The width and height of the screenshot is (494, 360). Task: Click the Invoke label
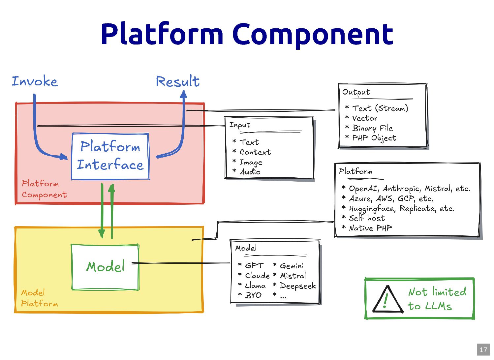35,81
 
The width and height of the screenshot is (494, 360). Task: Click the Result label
178,81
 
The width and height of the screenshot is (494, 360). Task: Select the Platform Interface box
110,156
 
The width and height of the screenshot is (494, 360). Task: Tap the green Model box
105,267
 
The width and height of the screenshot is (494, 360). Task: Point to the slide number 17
483,349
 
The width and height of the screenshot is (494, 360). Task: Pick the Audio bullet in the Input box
250,172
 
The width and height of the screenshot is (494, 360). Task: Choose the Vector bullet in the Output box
364,118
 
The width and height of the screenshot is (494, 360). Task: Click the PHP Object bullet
374,138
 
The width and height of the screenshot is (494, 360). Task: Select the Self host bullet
367,218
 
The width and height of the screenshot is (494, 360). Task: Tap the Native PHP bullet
370,228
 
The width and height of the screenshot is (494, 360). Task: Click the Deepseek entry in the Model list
297,286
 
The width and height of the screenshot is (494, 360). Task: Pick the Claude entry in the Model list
257,276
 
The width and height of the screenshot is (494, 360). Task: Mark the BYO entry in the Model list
253,295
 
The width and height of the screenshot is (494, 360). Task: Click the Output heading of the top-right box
356,92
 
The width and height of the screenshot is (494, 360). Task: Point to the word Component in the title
313,34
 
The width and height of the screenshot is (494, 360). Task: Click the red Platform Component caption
44,189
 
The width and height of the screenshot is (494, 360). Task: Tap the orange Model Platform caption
39,298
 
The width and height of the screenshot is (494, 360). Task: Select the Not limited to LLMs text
437,299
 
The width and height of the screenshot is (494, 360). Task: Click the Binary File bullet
372,128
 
